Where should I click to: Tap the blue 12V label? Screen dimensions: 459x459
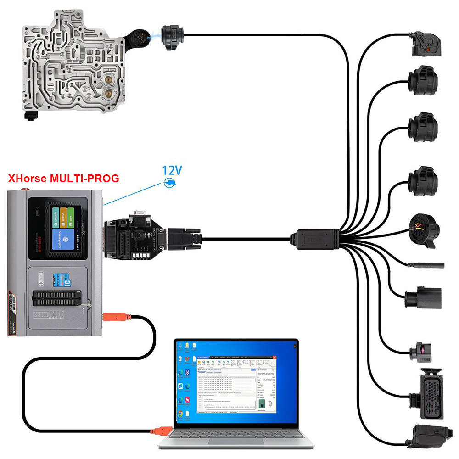pyautogui.click(x=172, y=171)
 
